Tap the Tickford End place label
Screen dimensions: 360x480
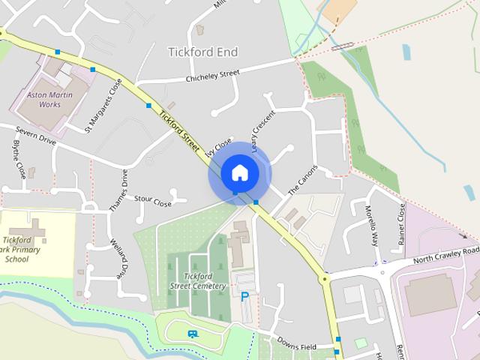(202, 52)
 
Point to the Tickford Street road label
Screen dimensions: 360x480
(179, 130)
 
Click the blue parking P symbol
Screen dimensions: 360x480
(244, 297)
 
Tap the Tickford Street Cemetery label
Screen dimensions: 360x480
(197, 282)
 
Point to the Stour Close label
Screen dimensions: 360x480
(153, 201)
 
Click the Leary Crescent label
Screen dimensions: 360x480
(264, 133)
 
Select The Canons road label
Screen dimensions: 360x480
(303, 180)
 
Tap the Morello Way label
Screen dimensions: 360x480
(373, 226)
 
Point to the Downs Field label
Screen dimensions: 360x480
(296, 346)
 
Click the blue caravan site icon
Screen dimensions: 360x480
(193, 334)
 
